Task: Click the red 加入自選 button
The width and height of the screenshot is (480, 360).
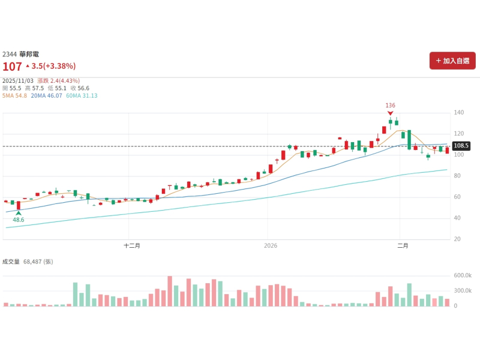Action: (x=452, y=61)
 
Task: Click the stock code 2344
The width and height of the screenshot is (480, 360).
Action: (x=10, y=54)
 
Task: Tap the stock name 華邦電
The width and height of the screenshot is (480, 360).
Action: (x=29, y=54)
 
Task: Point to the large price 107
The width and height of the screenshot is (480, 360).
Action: (x=12, y=66)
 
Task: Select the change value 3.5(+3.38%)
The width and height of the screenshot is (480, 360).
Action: (x=53, y=66)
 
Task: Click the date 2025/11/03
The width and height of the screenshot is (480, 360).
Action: (x=18, y=80)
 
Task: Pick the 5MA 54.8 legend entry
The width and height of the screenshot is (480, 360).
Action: (x=15, y=95)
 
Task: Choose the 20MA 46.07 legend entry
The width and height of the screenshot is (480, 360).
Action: (x=46, y=95)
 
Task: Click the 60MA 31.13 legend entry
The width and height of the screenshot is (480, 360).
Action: (x=82, y=95)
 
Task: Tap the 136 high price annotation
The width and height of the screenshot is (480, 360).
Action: (x=391, y=105)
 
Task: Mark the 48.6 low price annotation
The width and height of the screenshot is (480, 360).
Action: (x=19, y=220)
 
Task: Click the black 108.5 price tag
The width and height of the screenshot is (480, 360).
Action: (x=461, y=146)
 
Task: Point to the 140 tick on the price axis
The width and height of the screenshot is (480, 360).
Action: (x=460, y=113)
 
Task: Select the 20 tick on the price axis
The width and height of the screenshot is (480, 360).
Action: (x=457, y=239)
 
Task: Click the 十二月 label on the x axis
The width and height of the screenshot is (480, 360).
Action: (x=132, y=245)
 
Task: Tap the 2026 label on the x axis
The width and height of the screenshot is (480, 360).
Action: (x=271, y=245)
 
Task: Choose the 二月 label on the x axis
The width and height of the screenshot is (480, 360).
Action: (x=403, y=245)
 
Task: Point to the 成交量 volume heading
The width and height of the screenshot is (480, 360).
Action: (x=11, y=262)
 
